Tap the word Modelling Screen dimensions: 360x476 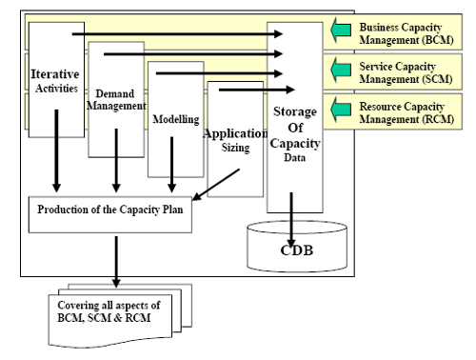[x=175, y=121]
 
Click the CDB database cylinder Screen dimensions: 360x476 [x=293, y=246]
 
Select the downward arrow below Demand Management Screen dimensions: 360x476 [x=115, y=171]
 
